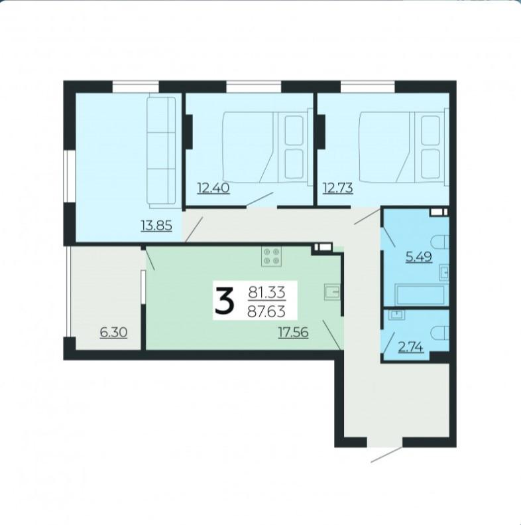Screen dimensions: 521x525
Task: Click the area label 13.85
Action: click(x=156, y=226)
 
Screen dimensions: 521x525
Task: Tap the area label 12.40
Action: click(x=213, y=188)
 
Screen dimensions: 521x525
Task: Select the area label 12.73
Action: click(x=337, y=188)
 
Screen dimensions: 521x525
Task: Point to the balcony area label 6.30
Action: click(x=114, y=333)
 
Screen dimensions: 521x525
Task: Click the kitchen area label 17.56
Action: click(x=293, y=333)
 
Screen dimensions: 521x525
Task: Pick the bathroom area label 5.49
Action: click(x=419, y=257)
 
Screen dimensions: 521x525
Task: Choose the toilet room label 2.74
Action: click(x=411, y=347)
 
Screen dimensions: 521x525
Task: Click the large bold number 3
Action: click(x=225, y=301)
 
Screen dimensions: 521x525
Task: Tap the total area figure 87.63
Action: click(x=266, y=312)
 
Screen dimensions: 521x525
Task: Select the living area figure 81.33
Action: click(x=266, y=292)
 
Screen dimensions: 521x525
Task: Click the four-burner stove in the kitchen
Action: click(x=272, y=256)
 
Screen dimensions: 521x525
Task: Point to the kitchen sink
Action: click(x=332, y=291)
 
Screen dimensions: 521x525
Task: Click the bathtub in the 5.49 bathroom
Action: click(x=420, y=295)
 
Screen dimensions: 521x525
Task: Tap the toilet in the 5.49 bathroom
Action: click(x=441, y=242)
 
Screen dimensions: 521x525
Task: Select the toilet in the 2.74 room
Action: click(x=441, y=333)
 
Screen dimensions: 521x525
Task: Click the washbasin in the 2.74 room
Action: click(x=397, y=314)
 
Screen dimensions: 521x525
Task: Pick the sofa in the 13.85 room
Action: click(x=161, y=151)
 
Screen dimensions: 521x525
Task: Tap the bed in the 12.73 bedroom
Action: click(x=404, y=147)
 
